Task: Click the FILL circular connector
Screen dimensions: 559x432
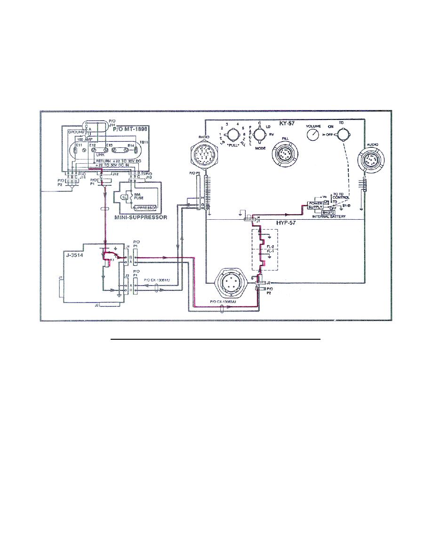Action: click(284, 154)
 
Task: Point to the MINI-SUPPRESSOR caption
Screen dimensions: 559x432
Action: click(135, 218)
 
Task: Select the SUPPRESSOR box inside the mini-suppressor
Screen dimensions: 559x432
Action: click(144, 208)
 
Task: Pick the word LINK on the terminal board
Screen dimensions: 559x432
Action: click(100, 154)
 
